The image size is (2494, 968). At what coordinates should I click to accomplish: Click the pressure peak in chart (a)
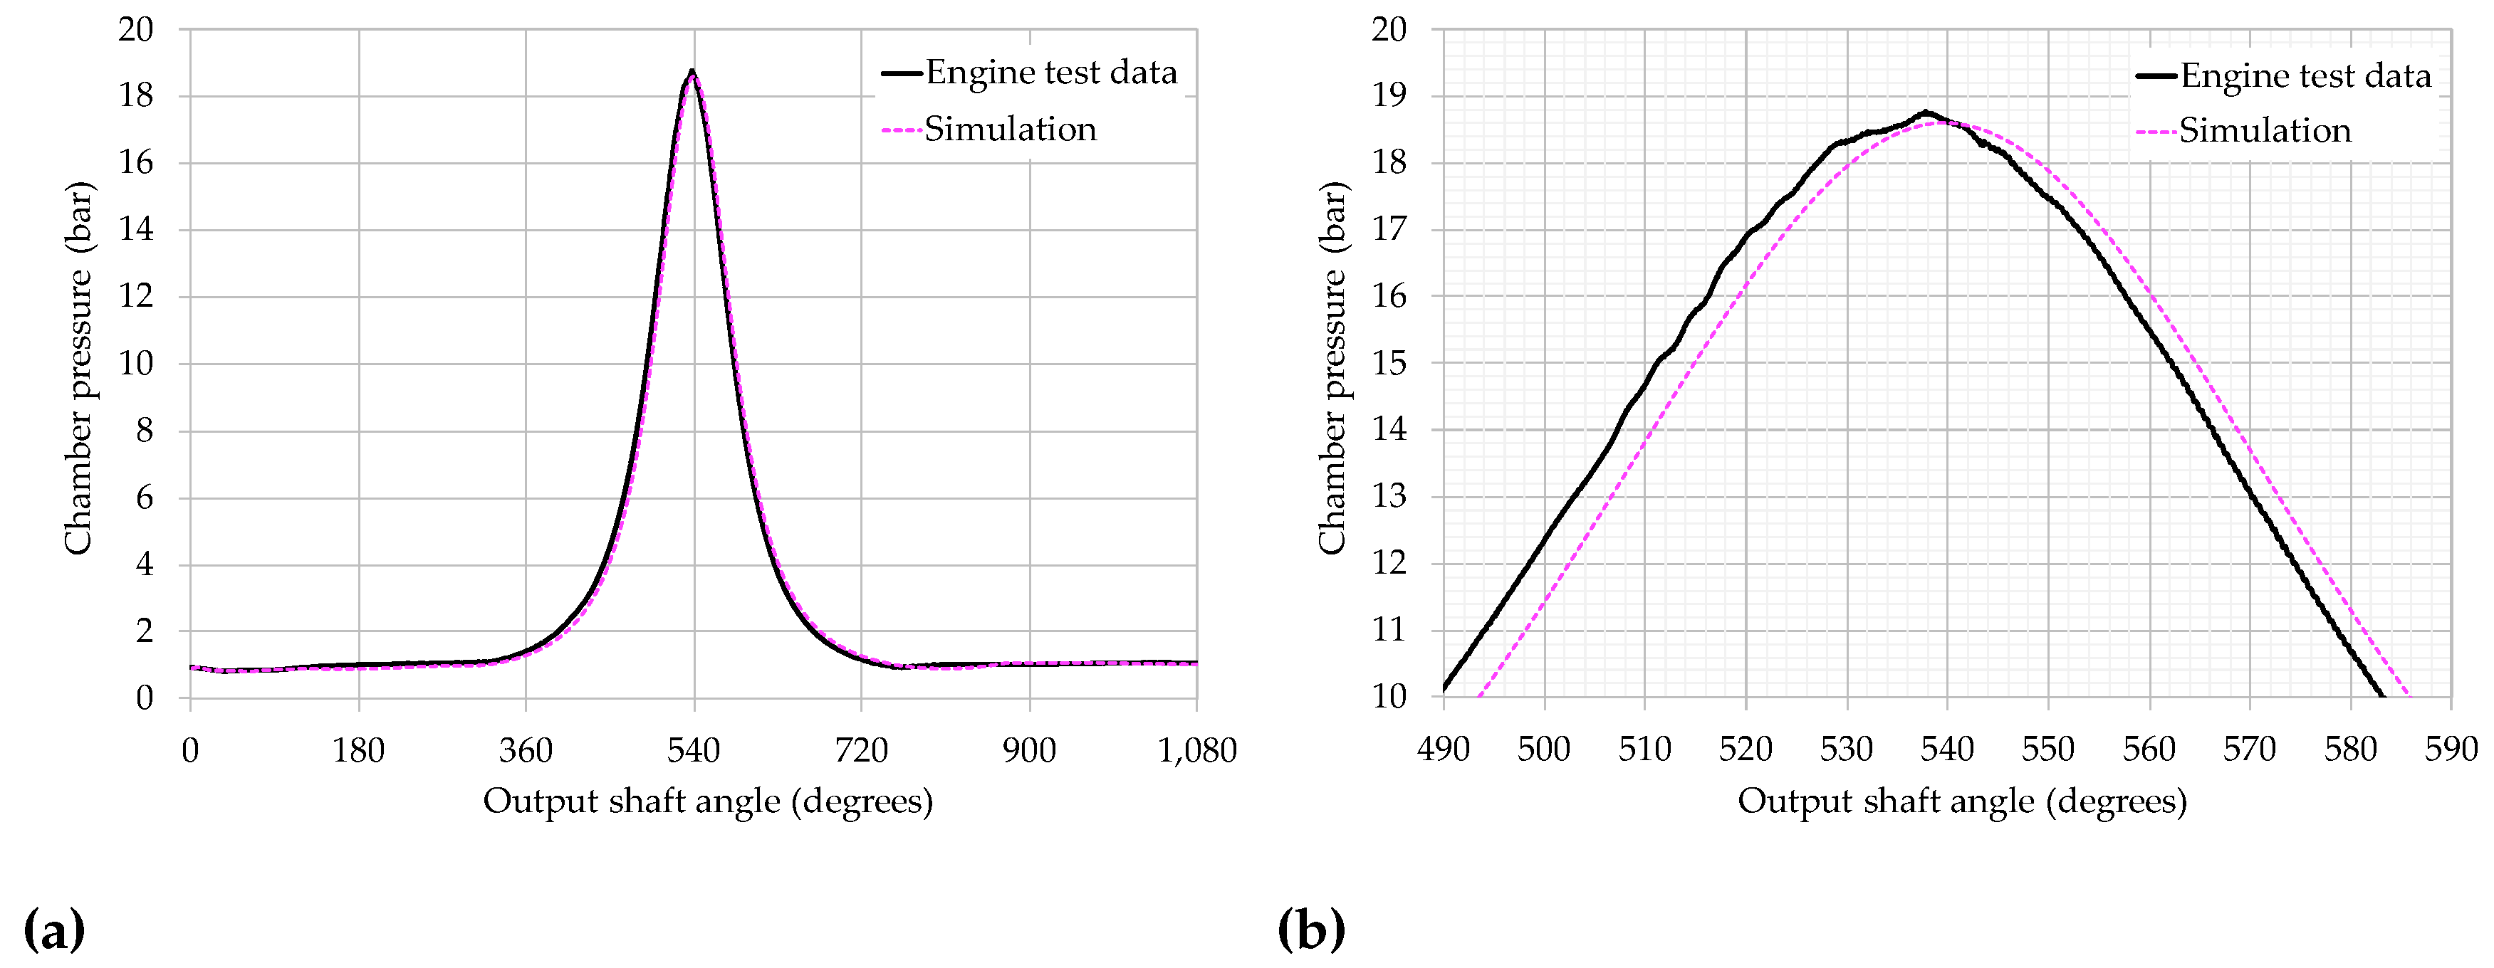692,72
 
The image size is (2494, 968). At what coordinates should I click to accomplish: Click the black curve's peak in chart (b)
1926,112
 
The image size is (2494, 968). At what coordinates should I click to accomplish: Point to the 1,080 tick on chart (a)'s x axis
1196,750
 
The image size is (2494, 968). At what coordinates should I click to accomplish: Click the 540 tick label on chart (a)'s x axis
693,750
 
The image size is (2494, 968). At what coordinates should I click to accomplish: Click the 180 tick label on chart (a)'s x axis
358,750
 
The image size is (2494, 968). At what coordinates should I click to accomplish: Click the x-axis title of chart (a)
708,801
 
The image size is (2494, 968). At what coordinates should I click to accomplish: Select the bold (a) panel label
54,930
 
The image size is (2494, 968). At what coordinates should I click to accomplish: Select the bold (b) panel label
1311,930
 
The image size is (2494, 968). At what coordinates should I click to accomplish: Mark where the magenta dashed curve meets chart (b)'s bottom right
2408,694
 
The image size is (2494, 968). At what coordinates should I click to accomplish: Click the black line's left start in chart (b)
1444,688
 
